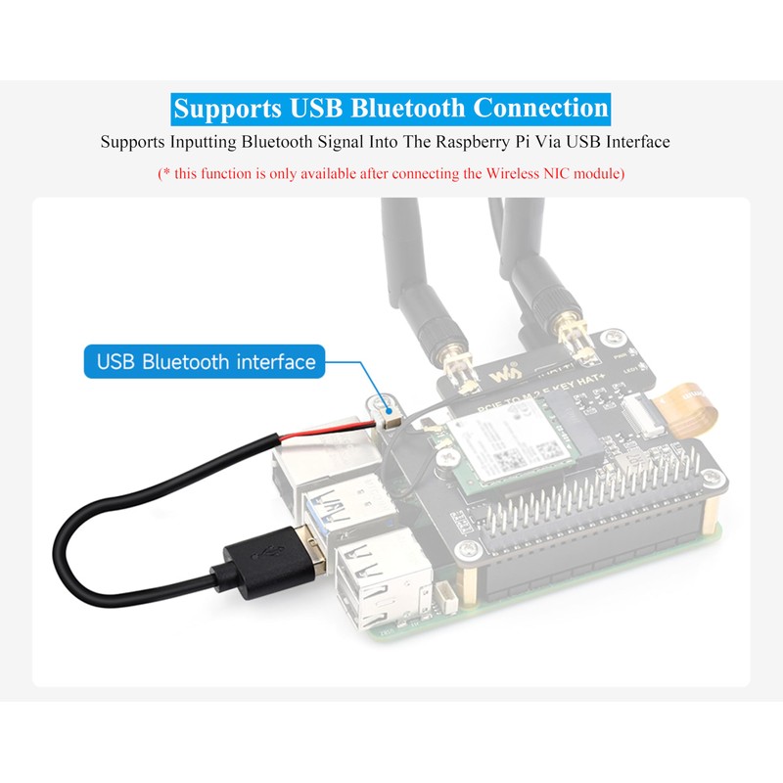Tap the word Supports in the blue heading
tap(227, 108)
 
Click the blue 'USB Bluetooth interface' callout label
tap(206, 362)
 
